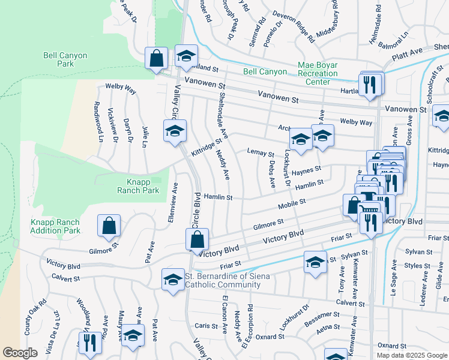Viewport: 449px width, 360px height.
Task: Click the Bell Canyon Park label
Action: [x=65, y=59]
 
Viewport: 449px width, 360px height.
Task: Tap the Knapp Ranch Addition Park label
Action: [x=55, y=226]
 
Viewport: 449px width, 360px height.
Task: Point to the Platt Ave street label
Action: [x=408, y=55]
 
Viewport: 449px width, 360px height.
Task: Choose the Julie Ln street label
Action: [x=145, y=137]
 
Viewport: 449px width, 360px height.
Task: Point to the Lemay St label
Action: [x=261, y=154]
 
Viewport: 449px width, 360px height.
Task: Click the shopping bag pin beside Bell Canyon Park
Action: [x=156, y=59]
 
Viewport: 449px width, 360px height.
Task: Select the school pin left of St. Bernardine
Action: [x=173, y=279]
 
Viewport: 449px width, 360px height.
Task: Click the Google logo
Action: [x=20, y=353]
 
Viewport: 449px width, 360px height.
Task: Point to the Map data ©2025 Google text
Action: [x=412, y=355]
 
